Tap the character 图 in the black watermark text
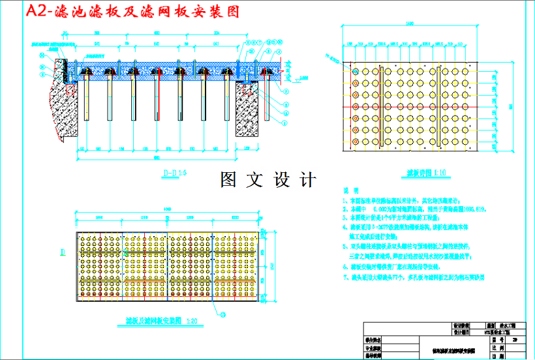coord(228,180)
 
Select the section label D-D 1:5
coord(174,173)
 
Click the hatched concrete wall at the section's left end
coord(61,98)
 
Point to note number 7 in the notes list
coord(344,277)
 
